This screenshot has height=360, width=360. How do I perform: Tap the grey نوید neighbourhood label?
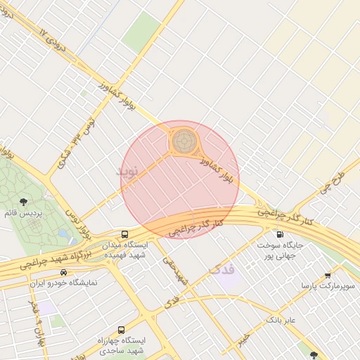click(131, 174)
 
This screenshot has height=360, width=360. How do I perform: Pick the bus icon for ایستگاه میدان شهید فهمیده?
click(124, 234)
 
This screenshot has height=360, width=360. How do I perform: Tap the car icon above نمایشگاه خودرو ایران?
click(64, 272)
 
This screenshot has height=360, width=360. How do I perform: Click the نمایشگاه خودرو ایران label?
click(64, 283)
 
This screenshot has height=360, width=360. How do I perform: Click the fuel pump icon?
click(280, 234)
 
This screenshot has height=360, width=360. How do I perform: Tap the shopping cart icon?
click(328, 276)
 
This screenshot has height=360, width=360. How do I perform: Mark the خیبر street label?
click(243, 340)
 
